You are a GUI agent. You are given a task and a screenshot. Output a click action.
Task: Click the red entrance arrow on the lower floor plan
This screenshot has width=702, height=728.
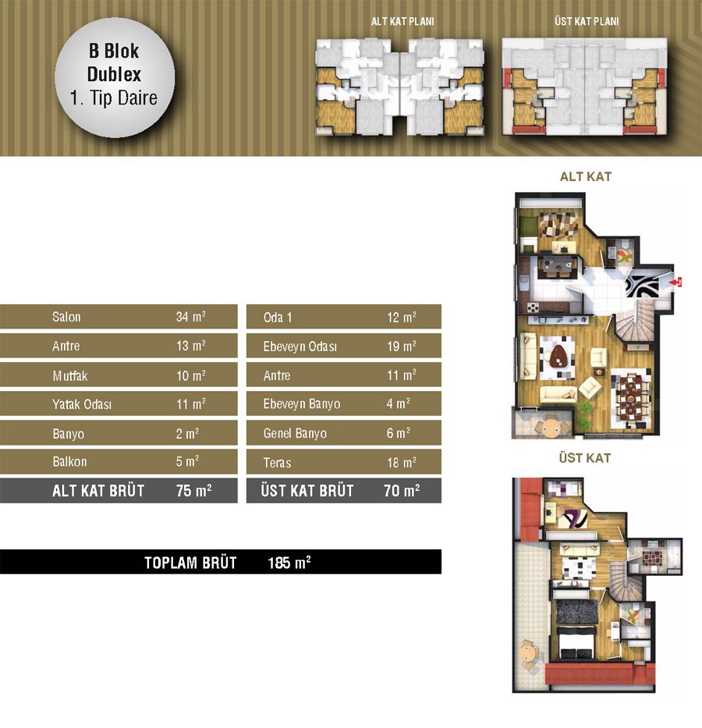(675, 282)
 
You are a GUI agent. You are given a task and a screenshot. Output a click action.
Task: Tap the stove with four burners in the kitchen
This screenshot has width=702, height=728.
(533, 307)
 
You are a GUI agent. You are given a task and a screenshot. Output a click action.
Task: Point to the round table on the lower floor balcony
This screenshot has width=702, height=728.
(551, 428)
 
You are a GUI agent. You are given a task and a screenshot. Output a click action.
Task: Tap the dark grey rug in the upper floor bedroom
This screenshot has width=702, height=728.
(576, 612)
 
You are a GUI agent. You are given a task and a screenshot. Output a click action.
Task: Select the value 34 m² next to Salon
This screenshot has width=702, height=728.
(190, 317)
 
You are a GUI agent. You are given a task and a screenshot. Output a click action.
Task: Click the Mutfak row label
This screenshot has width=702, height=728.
(69, 375)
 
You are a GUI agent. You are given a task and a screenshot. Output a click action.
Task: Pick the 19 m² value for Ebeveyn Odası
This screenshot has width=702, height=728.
(402, 346)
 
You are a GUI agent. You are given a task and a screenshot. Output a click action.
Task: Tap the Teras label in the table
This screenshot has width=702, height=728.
(277, 463)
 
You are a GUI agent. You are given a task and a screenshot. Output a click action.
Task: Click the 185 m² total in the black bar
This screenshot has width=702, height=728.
(289, 563)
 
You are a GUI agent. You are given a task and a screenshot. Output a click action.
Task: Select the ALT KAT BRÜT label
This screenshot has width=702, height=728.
(98, 491)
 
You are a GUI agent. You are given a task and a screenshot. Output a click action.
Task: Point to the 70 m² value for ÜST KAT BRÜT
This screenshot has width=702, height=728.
(402, 490)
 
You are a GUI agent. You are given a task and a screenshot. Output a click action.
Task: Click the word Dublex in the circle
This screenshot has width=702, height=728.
(114, 74)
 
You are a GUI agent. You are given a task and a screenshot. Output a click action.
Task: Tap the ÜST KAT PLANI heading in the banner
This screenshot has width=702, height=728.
(587, 21)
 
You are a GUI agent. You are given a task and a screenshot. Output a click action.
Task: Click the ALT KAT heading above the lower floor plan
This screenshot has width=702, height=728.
(586, 176)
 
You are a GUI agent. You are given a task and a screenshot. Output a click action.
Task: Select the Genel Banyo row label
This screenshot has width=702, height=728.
(295, 433)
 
